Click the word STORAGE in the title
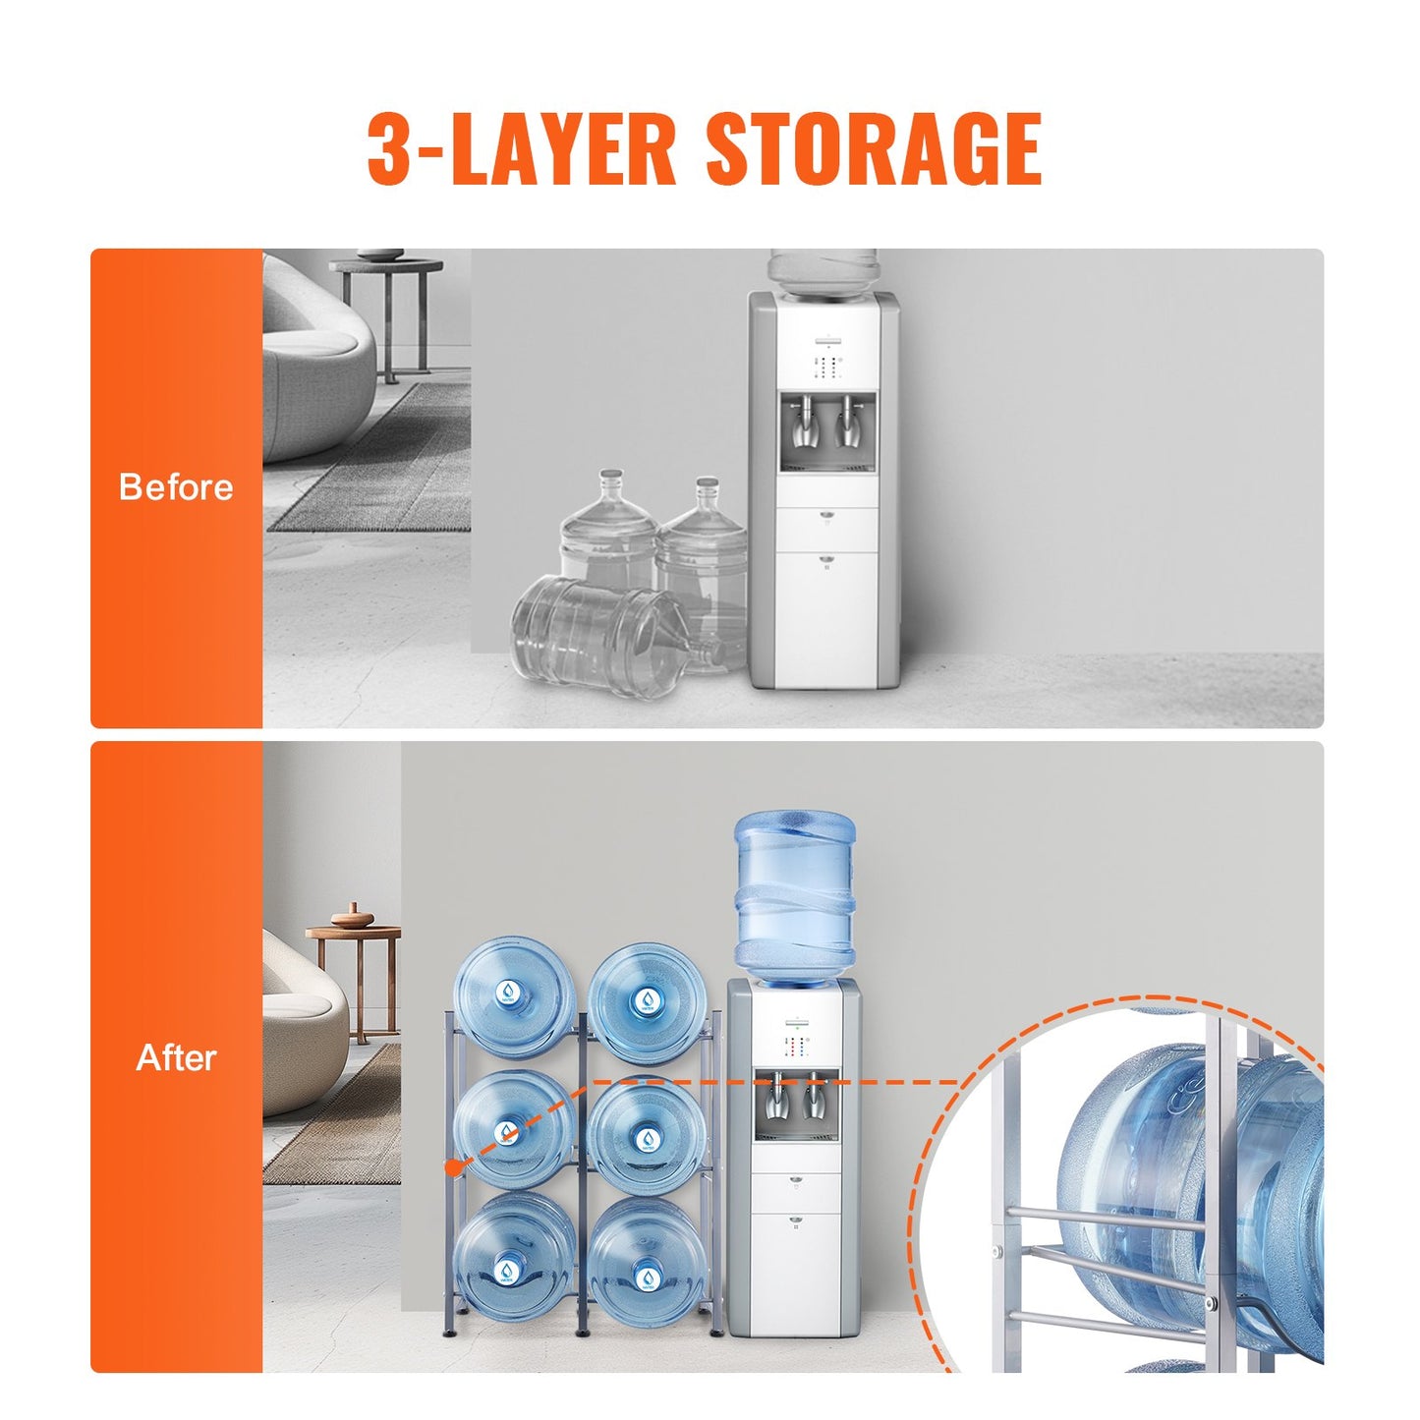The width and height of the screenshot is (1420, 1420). (873, 149)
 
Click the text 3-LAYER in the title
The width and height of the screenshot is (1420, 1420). (521, 149)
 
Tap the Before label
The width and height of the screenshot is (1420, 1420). (176, 487)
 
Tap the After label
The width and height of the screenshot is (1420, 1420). (176, 1058)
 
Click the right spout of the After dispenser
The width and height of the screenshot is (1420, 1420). (813, 1099)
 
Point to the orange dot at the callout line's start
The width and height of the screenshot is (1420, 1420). (452, 1167)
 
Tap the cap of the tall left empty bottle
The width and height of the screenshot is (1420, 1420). (612, 476)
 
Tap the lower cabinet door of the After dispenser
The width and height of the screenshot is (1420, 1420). (795, 1273)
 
